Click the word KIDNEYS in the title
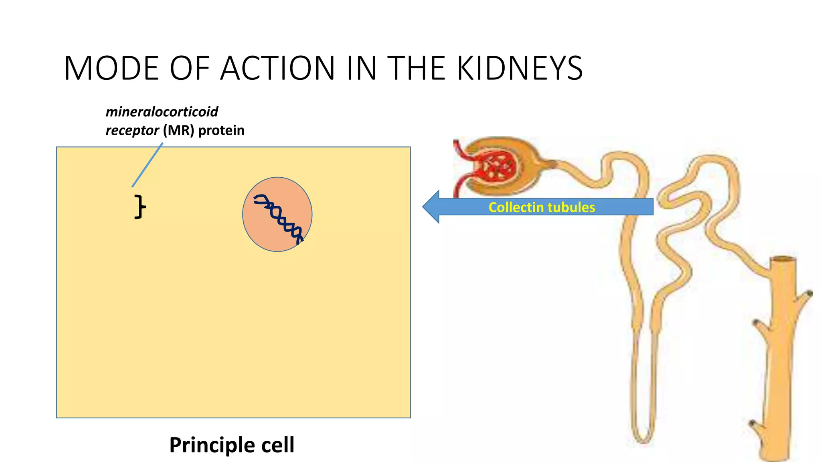pyautogui.click(x=520, y=68)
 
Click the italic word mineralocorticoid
pyautogui.click(x=162, y=112)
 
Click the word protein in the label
pyautogui.click(x=221, y=130)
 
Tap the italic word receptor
pyautogui.click(x=132, y=130)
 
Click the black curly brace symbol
pyautogui.click(x=140, y=207)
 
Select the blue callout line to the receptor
pyautogui.click(x=147, y=165)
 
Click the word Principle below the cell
pyautogui.click(x=212, y=445)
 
